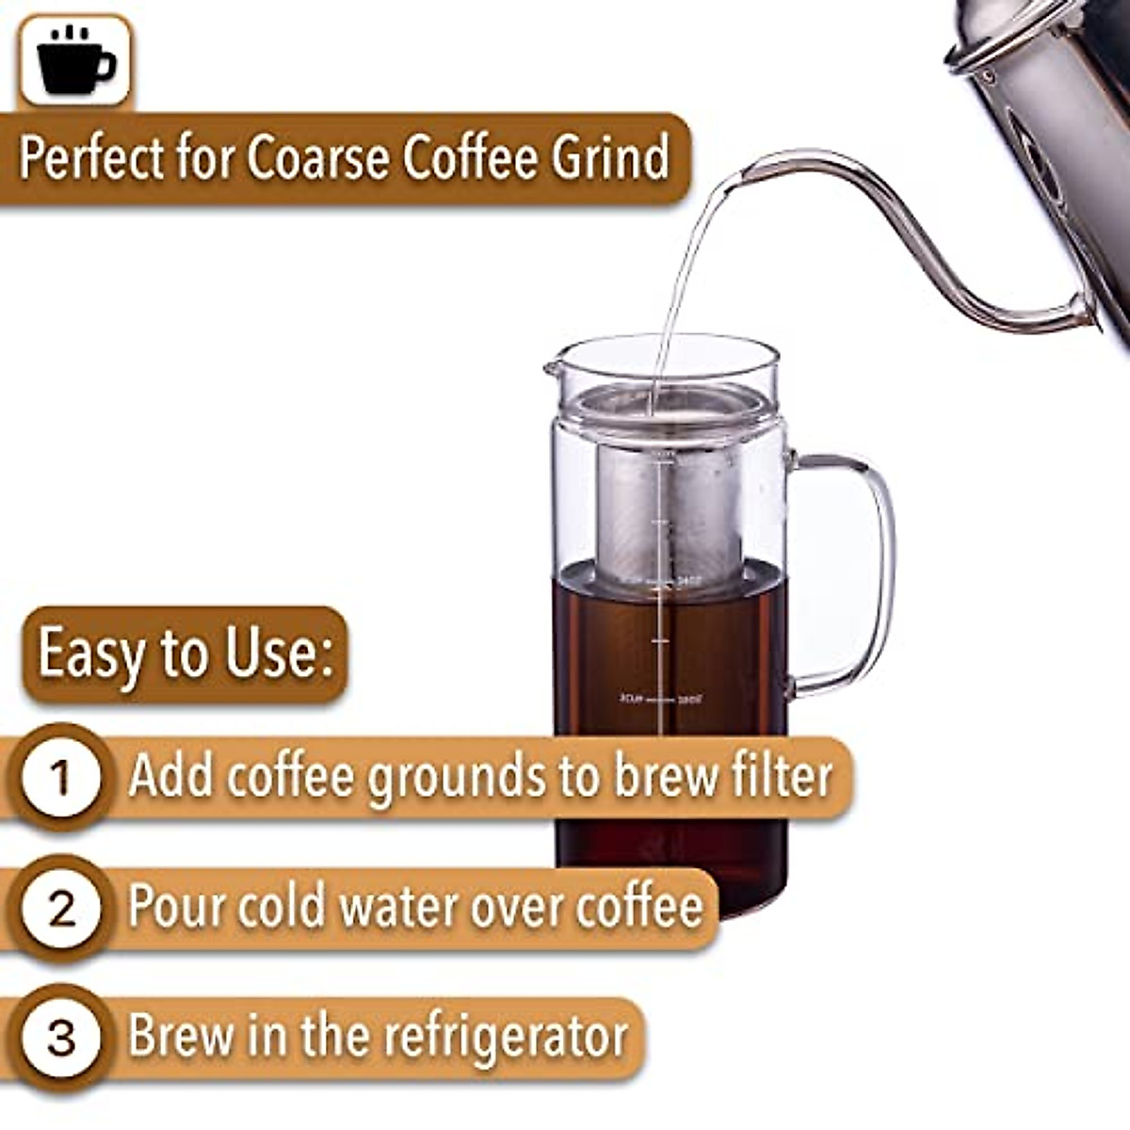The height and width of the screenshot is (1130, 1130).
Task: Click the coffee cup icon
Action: tap(75, 59)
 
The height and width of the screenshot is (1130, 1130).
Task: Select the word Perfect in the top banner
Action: tap(90, 157)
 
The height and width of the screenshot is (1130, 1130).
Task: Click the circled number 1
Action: tap(61, 778)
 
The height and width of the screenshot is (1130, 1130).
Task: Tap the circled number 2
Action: tap(61, 909)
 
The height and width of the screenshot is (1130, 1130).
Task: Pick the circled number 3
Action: tap(61, 1039)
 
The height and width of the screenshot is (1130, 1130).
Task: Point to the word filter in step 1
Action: tap(781, 776)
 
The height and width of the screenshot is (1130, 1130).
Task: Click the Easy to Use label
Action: tap(186, 654)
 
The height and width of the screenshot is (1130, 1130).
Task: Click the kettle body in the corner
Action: tap(1064, 113)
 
